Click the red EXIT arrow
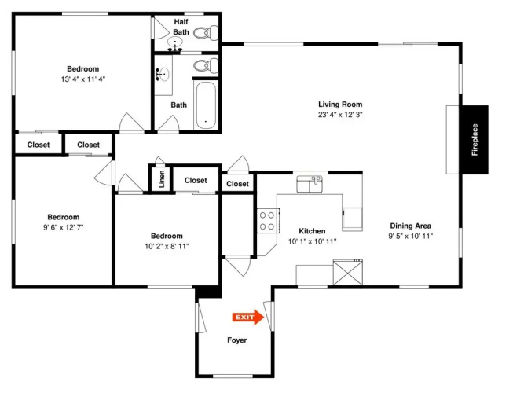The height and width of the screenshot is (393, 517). (248, 317)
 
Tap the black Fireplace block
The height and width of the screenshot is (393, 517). (474, 140)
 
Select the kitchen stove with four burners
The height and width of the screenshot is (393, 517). (268, 221)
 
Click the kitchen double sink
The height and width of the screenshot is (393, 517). (310, 184)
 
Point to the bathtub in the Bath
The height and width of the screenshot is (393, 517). (205, 105)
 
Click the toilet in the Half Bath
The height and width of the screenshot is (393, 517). (206, 33)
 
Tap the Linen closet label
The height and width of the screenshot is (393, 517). (162, 179)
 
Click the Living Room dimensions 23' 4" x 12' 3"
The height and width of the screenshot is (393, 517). (340, 115)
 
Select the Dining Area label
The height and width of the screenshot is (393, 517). (410, 226)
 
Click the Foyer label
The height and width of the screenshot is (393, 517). (236, 340)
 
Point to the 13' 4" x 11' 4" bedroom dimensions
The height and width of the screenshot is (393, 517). (83, 79)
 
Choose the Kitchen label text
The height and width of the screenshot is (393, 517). (312, 231)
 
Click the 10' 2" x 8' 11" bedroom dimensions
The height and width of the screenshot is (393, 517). (167, 247)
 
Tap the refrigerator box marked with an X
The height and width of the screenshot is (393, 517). (348, 272)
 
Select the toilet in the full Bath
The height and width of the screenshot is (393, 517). (206, 65)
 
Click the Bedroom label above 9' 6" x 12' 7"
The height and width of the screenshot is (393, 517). (64, 217)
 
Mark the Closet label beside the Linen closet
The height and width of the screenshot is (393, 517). (196, 181)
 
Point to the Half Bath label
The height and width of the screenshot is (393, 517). (181, 27)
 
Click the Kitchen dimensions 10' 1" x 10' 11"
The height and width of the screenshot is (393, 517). (312, 241)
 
